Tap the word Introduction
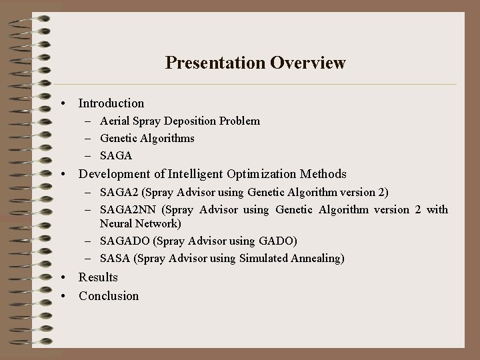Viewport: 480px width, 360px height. tap(111, 103)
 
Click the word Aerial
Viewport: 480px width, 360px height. tap(113, 121)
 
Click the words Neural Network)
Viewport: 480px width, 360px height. tap(140, 224)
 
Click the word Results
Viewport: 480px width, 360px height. tap(98, 277)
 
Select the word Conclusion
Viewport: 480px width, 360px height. tap(109, 296)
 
